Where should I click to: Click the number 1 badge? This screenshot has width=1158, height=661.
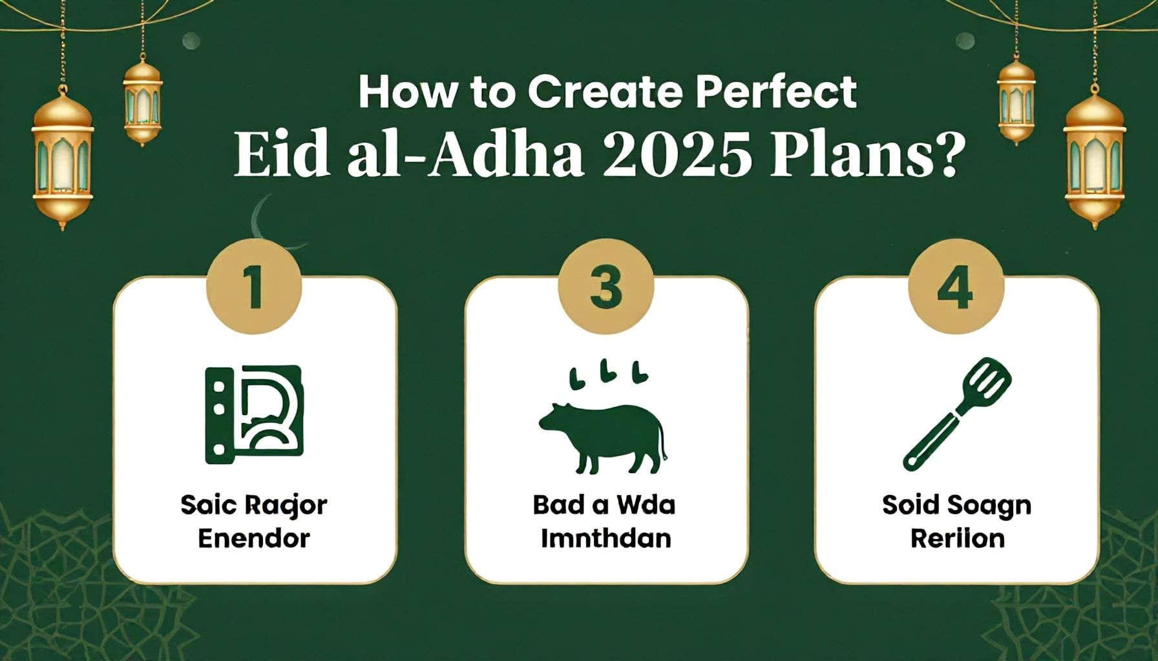click(x=254, y=286)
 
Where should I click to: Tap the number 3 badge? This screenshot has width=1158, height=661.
click(x=605, y=286)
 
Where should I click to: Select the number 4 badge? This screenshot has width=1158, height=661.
click(x=956, y=286)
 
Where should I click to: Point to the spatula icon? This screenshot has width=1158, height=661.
click(x=957, y=413)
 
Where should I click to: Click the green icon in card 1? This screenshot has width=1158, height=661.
click(x=254, y=414)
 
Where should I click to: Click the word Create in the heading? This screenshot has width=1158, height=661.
click(x=605, y=92)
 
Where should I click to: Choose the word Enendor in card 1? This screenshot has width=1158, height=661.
click(x=254, y=538)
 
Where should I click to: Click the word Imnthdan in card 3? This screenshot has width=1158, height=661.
click(x=605, y=538)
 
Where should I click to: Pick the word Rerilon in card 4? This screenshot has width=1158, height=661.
click(x=958, y=538)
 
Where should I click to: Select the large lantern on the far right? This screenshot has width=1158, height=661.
click(x=1095, y=158)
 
